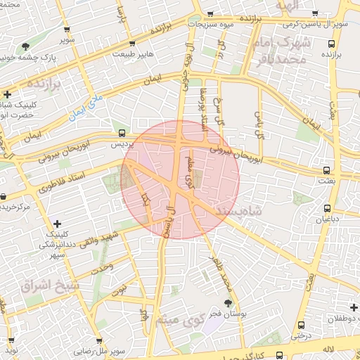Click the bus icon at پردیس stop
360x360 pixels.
(x=122, y=132)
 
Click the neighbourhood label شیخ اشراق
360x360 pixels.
(x=42, y=286)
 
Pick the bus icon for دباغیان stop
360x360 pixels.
(x=327, y=208)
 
